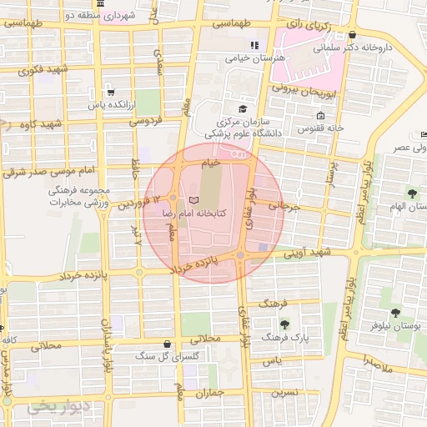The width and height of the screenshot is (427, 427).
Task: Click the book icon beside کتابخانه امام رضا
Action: (x=193, y=201)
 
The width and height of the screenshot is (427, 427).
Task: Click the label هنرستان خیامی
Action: (x=255, y=58)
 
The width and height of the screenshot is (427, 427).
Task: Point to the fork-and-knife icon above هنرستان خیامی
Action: (x=255, y=45)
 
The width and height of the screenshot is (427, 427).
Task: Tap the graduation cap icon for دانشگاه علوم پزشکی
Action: (x=243, y=108)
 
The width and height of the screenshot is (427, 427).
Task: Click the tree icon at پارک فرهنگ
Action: (x=286, y=324)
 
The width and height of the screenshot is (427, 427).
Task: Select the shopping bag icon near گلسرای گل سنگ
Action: (x=169, y=343)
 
